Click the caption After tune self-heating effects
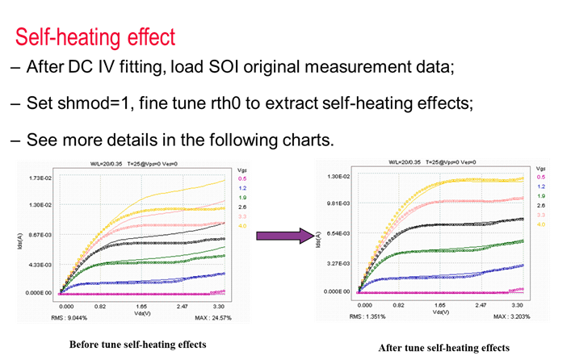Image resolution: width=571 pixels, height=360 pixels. pos(444,348)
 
